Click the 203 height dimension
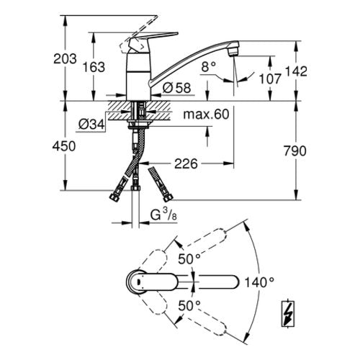pyautogui.click(x=65, y=59)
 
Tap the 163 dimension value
pyautogui.click(x=94, y=67)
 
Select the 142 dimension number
pyautogui.click(x=296, y=71)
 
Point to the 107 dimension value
pyautogui.click(x=270, y=79)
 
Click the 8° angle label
pyautogui.click(x=209, y=67)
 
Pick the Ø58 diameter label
pyautogui.click(x=177, y=88)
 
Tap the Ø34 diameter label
pyautogui.click(x=91, y=125)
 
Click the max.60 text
pyautogui.click(x=206, y=114)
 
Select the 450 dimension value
pyautogui.click(x=64, y=146)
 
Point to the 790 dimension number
pyautogui.click(x=295, y=151)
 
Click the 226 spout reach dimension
pyautogui.click(x=186, y=164)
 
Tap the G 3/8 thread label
pyautogui.click(x=163, y=215)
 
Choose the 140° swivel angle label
pyautogui.click(x=259, y=282)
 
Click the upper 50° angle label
pyautogui.click(x=189, y=259)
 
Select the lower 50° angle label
pyautogui.click(x=189, y=306)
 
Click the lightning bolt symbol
pyautogui.click(x=288, y=314)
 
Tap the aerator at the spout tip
pyautogui.click(x=233, y=51)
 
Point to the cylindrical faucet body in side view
pyautogui.click(x=138, y=76)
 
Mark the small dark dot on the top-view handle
pyautogui.click(x=139, y=282)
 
